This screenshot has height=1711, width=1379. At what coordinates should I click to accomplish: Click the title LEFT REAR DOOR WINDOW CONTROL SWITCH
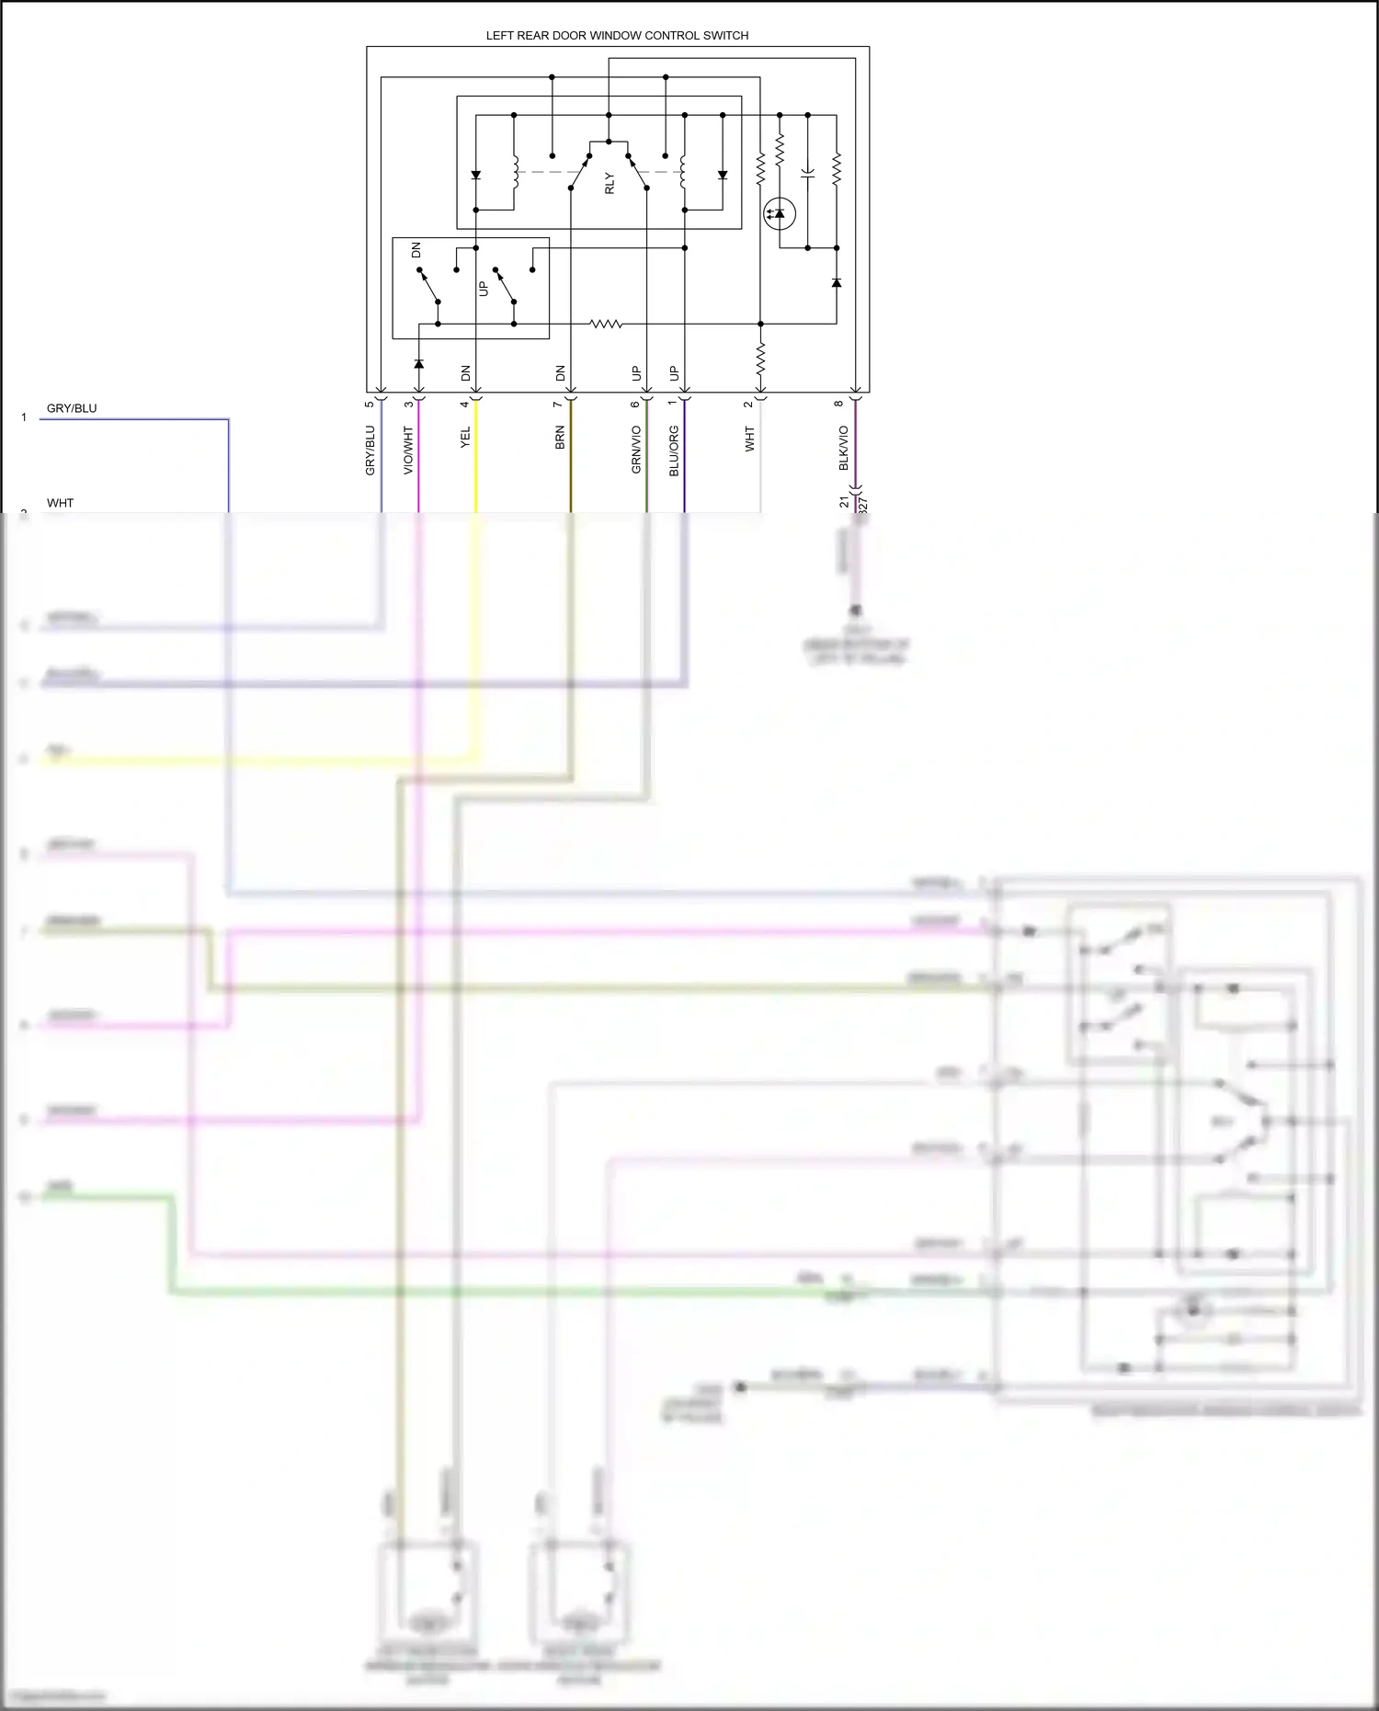point(617,36)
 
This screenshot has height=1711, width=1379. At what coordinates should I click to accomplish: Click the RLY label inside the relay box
point(609,183)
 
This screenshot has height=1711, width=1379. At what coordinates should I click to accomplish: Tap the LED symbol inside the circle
point(780,213)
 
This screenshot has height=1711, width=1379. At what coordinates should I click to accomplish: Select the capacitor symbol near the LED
point(807,172)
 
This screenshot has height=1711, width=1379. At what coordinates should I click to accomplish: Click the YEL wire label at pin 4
point(465,438)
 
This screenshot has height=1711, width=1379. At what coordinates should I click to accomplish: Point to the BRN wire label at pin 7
point(560,438)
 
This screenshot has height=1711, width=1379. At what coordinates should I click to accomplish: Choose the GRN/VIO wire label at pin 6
point(636,450)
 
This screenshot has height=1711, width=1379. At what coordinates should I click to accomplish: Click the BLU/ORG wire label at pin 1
point(674,451)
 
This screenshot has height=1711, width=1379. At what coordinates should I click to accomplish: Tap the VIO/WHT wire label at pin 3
point(408,450)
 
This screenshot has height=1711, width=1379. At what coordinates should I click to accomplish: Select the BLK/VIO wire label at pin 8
point(843,448)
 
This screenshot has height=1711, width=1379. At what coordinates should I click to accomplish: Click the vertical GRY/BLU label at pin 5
point(370,450)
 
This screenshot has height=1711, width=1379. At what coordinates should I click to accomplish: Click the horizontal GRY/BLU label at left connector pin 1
point(72,408)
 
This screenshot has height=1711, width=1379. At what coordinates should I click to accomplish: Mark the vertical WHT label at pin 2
point(749,439)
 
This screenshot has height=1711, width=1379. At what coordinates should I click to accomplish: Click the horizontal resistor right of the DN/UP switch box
point(606,324)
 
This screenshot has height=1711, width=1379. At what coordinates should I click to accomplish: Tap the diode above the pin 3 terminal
point(418,364)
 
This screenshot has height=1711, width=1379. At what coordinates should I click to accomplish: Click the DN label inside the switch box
point(416,250)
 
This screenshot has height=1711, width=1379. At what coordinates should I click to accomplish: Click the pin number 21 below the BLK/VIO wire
point(844,502)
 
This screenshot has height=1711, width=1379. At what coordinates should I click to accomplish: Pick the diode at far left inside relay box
point(475,175)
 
